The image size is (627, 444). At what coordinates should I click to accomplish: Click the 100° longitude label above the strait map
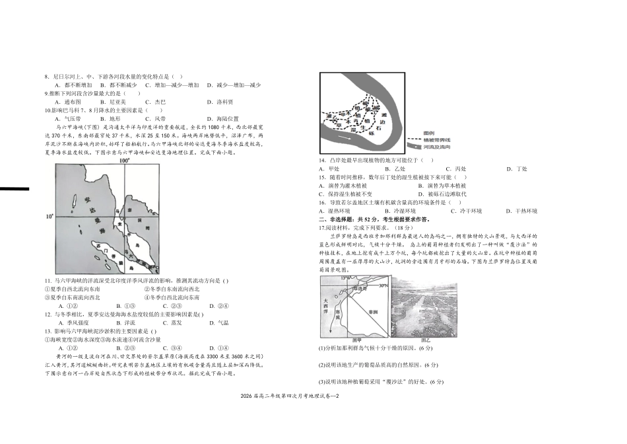pyautogui.click(x=124, y=161)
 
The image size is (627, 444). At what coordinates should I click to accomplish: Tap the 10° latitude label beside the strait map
pyautogui.click(x=49, y=217)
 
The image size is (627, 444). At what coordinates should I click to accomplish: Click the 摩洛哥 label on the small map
pyautogui.click(x=360, y=288)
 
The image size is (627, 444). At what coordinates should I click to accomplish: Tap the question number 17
pyautogui.click(x=323, y=227)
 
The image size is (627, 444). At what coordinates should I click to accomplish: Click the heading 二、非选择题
pyautogui.click(x=337, y=219)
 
